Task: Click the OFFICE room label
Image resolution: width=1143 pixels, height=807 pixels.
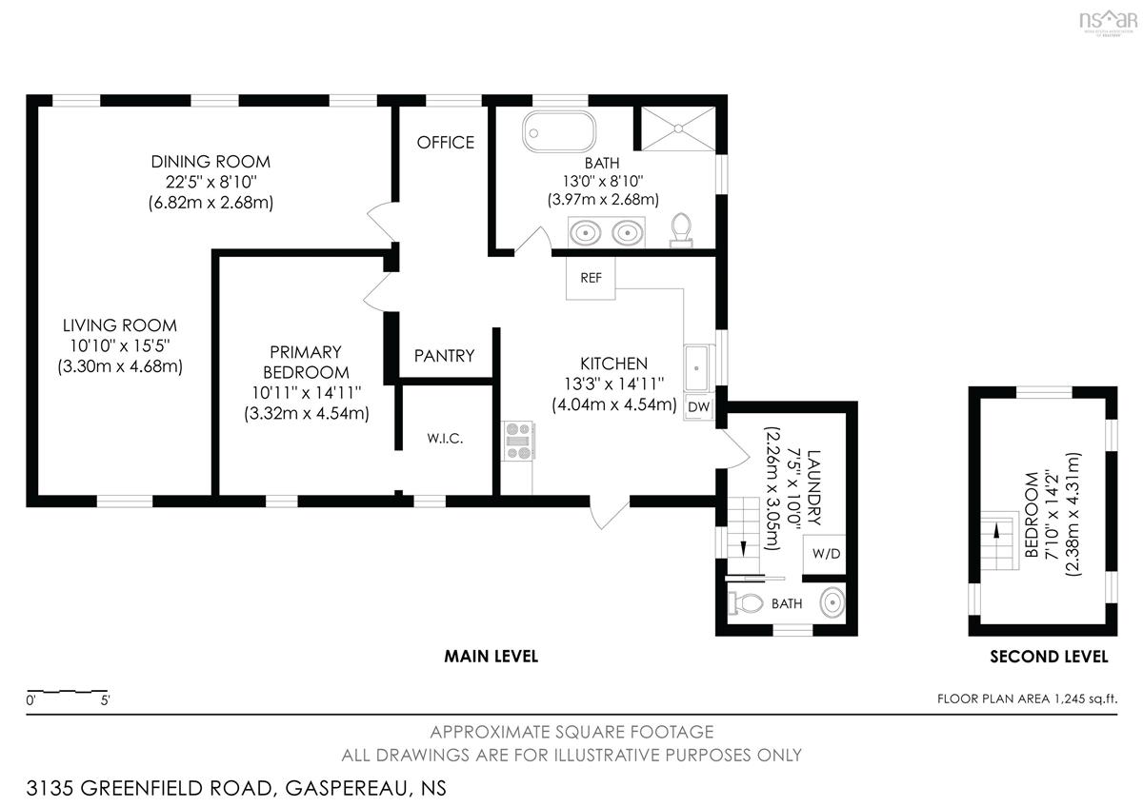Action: pos(446,142)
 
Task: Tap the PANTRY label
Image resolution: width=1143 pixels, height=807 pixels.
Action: pos(444,355)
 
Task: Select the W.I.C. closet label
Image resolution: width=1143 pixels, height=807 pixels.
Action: pos(445,438)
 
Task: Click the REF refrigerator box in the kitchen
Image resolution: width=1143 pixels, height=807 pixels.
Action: pos(591,278)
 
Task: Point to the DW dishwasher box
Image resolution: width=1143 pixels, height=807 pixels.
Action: pos(698,406)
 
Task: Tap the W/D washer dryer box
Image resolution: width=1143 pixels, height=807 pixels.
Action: pos(825,554)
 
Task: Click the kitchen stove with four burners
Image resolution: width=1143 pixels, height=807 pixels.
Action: pos(518,441)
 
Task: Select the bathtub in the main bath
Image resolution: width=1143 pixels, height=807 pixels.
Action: pos(559,131)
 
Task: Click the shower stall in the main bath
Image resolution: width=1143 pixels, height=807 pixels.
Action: pos(678,128)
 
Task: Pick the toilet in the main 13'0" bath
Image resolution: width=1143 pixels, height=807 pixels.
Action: pos(680,230)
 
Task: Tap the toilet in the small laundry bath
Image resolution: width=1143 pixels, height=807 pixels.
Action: pos(746,603)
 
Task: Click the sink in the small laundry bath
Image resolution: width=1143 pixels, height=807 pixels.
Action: pos(832,602)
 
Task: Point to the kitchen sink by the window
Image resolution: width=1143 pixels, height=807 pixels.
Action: pos(696,368)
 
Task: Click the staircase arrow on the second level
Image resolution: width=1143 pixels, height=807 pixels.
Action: pos(996,531)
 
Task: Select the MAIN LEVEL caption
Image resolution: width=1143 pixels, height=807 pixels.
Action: pos(491,656)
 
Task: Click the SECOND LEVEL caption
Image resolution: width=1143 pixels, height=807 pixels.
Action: pos(1049,657)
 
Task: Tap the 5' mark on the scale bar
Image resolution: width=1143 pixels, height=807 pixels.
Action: pos(105,700)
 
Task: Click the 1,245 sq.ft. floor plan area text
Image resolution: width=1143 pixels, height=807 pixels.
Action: pos(1085,699)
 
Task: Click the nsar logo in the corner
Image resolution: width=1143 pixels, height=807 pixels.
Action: pos(1108,21)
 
